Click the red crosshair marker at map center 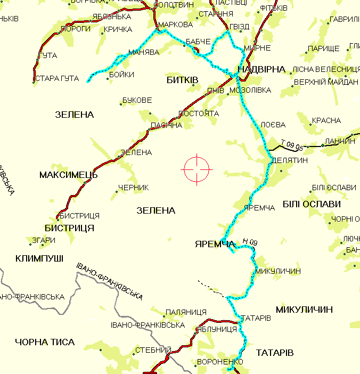[x=197, y=169]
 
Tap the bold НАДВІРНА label [x=263, y=70]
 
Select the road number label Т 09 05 [x=292, y=144]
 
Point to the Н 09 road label [x=250, y=243]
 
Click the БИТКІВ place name [x=182, y=80]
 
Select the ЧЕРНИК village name [x=133, y=188]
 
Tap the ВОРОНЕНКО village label [x=216, y=361]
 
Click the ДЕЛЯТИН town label [x=290, y=160]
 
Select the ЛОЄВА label [x=274, y=125]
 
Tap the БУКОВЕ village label [x=137, y=100]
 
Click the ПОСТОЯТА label [x=199, y=113]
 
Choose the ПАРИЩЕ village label [x=324, y=49]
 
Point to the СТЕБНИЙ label [x=152, y=351]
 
